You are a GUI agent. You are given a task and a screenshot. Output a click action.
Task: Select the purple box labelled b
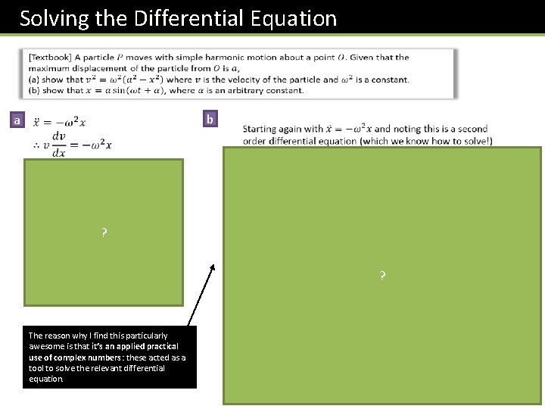tap(210, 119)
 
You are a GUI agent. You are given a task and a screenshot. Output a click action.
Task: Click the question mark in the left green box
tap(104, 233)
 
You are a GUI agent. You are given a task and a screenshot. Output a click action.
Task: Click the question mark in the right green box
tap(382, 276)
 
